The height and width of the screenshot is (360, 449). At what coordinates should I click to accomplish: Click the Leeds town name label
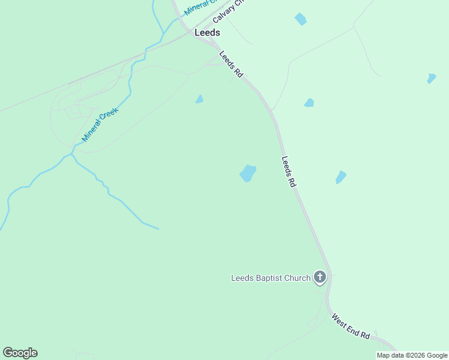[207, 33]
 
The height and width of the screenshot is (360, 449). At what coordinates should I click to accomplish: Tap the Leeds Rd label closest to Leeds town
[231, 64]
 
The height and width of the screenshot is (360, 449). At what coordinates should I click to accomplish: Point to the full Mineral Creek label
[101, 124]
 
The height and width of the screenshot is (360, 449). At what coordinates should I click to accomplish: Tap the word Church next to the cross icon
[298, 278]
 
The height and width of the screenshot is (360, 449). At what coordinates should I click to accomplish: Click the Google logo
[20, 353]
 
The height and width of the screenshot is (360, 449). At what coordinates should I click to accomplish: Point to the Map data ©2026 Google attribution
[412, 355]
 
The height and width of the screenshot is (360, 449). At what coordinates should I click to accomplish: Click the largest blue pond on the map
[248, 173]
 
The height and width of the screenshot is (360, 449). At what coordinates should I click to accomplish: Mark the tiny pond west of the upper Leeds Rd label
[199, 99]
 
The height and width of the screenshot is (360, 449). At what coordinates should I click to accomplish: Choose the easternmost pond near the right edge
[431, 79]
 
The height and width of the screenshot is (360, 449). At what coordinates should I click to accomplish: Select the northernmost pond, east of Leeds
[300, 19]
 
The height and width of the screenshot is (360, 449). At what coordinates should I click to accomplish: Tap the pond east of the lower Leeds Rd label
[340, 177]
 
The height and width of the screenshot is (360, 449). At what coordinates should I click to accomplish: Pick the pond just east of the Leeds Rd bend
[309, 103]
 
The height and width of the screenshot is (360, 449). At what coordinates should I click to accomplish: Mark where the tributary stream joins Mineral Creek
[71, 154]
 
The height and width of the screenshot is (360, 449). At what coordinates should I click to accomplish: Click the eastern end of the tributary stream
[158, 229]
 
